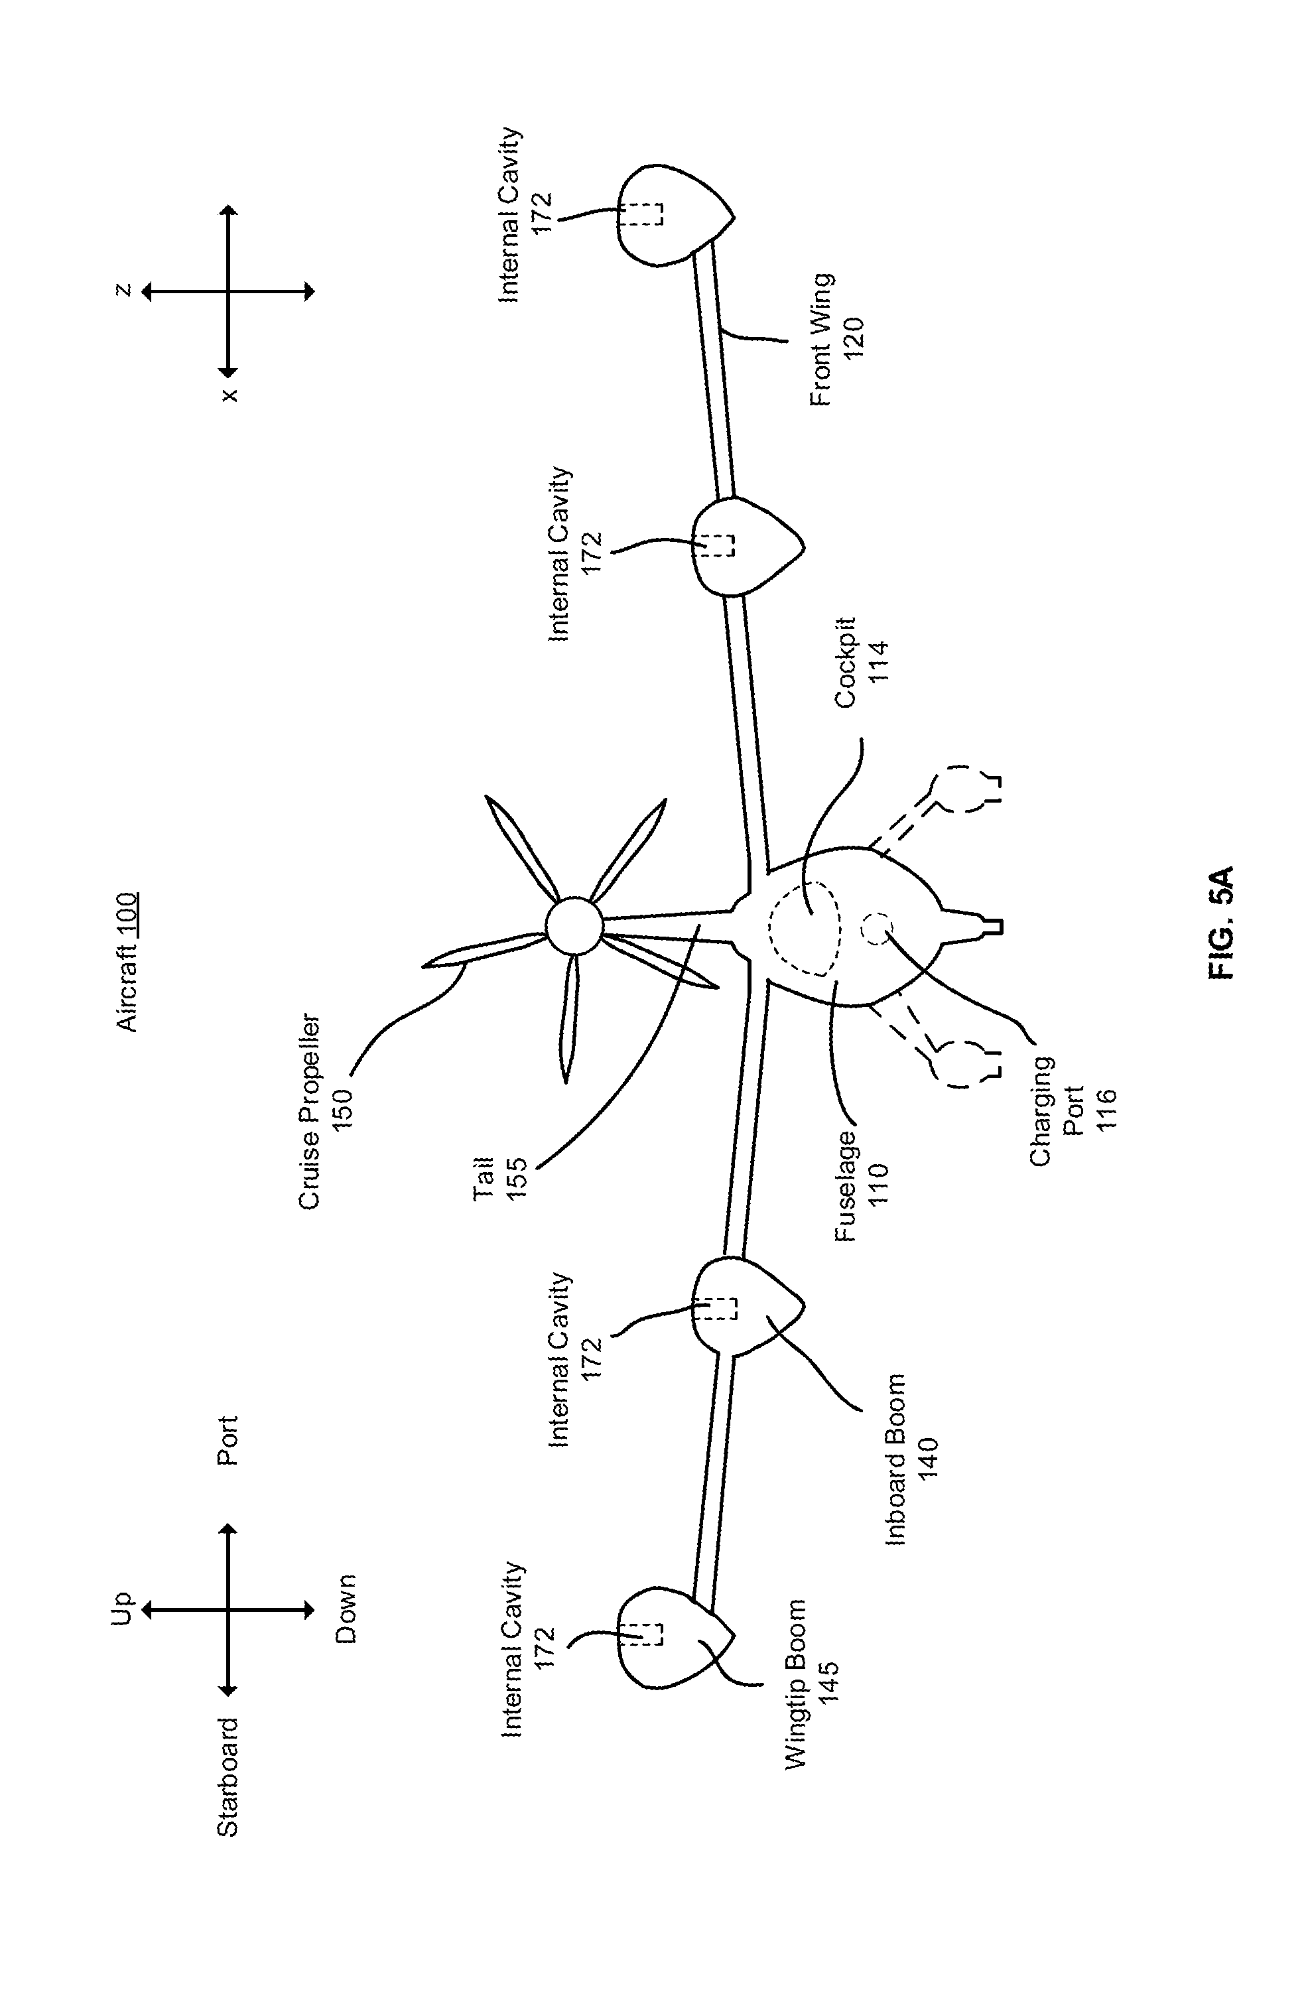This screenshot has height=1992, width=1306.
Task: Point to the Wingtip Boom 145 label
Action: coord(811,1684)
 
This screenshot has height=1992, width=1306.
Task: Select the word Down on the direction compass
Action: coord(346,1609)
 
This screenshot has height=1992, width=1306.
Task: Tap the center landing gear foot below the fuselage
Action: coord(992,926)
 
